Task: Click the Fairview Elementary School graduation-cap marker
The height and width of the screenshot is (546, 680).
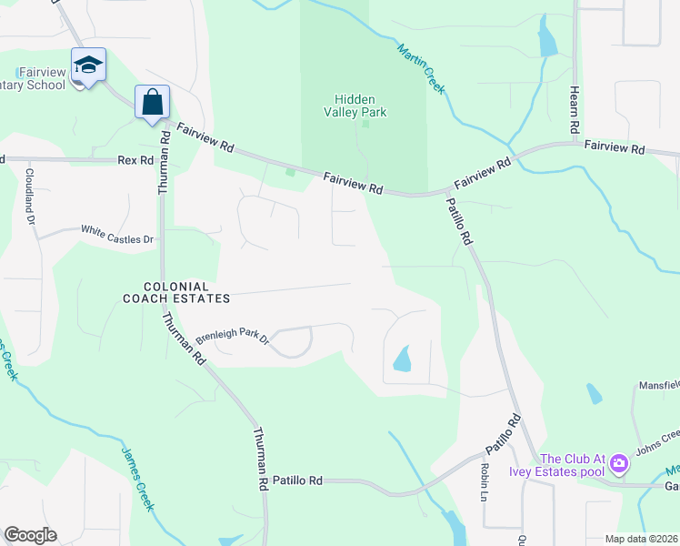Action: tap(88, 66)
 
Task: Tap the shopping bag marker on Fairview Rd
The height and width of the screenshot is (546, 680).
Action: tap(152, 101)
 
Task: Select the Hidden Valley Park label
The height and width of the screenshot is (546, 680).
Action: tap(360, 106)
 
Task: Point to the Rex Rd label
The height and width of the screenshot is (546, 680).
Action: tap(135, 160)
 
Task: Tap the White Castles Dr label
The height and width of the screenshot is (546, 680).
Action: tap(118, 234)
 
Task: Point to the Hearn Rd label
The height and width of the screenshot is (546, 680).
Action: tap(575, 106)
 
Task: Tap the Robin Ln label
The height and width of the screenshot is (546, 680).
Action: tap(483, 481)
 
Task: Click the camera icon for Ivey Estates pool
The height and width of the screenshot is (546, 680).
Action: tap(619, 464)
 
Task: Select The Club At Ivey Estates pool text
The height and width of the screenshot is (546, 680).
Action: tap(573, 465)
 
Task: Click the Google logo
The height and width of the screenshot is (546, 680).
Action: tap(30, 535)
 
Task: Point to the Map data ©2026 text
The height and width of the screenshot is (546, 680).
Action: tap(640, 539)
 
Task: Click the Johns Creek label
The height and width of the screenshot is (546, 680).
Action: tap(656, 441)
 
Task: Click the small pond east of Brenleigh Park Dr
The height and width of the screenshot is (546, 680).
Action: tap(402, 359)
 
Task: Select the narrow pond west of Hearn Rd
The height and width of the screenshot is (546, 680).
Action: tap(546, 38)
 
